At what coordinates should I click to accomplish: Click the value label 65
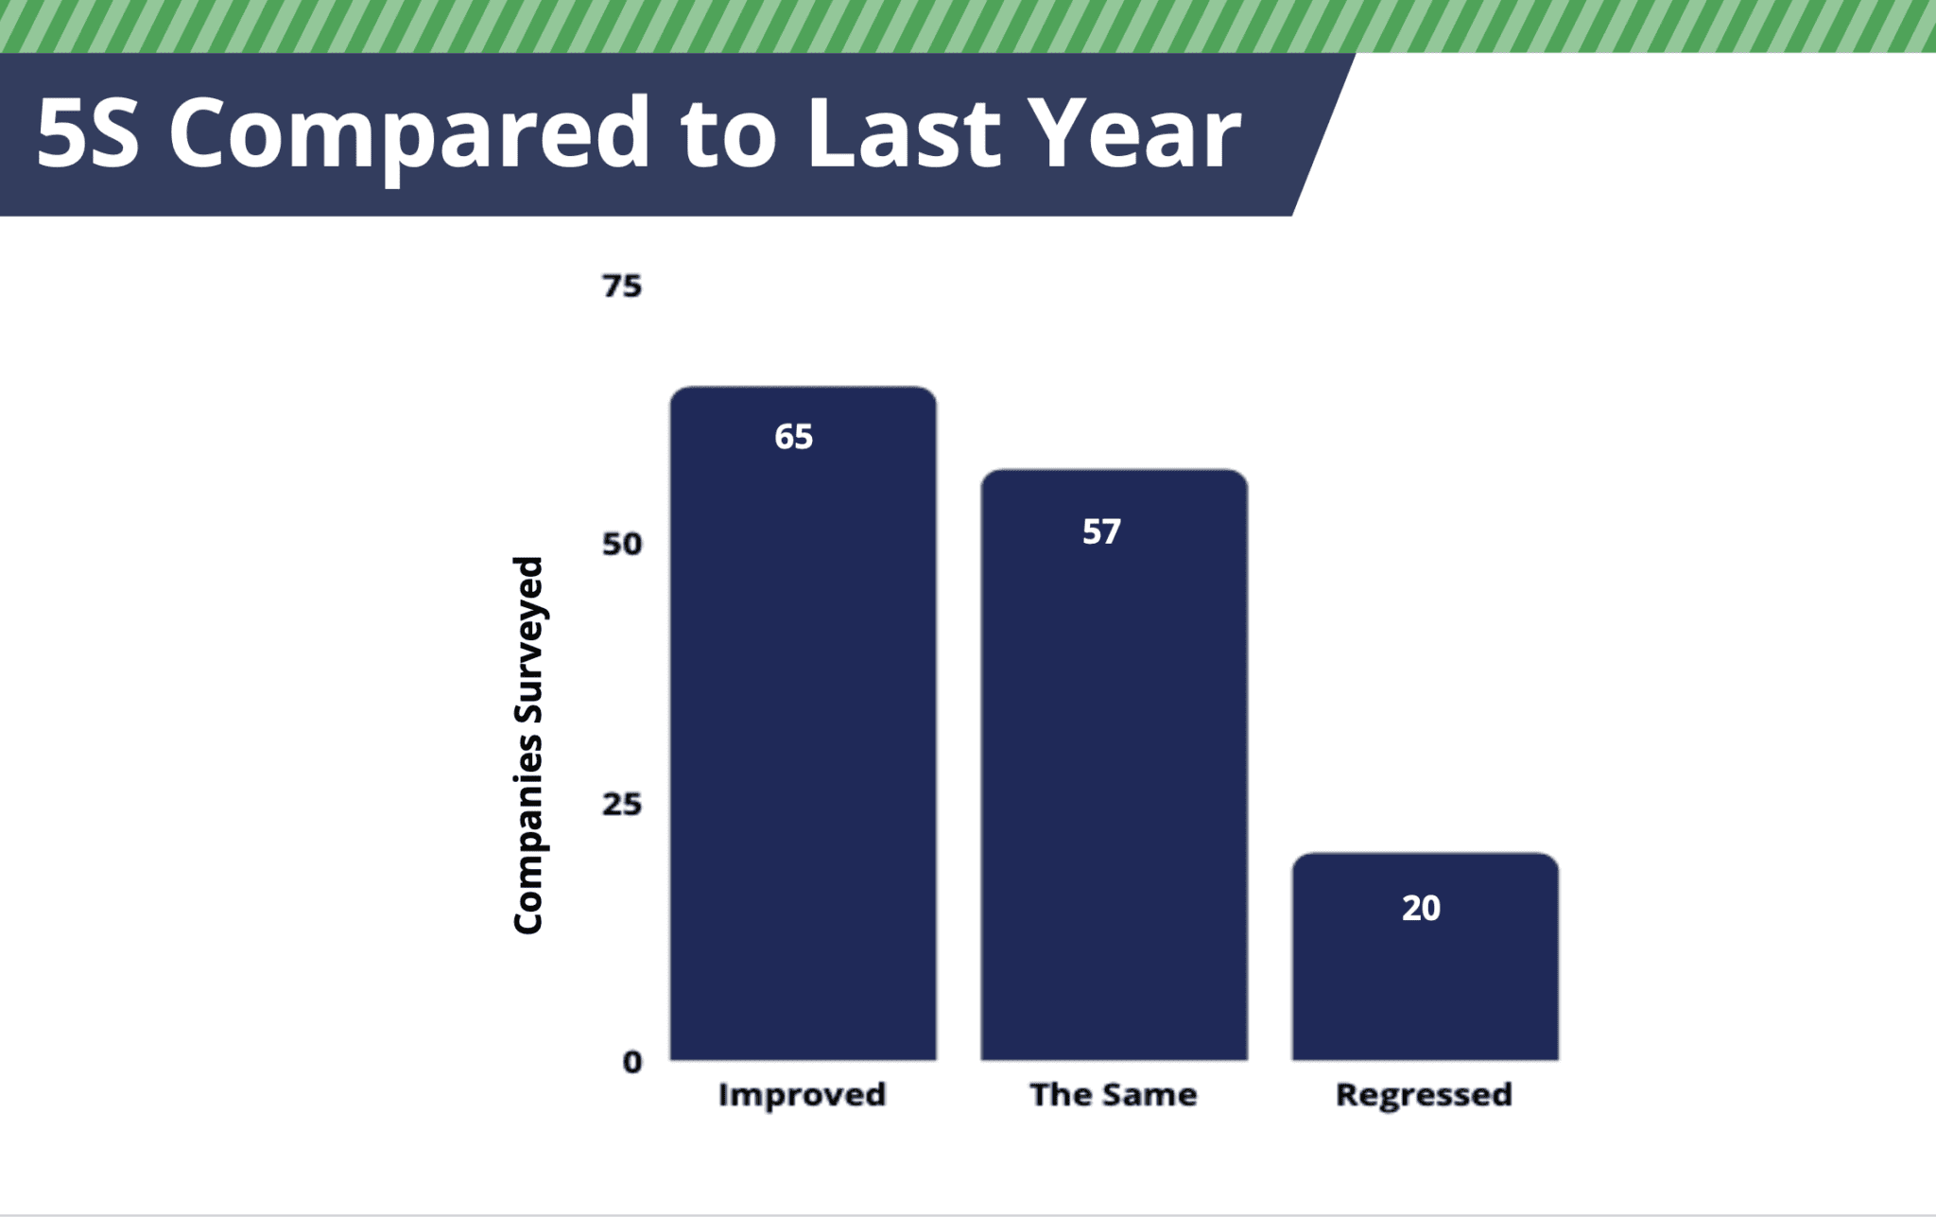pyautogui.click(x=793, y=437)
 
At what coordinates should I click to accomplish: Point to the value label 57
pyautogui.click(x=1101, y=531)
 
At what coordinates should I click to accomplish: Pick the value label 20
pyautogui.click(x=1421, y=908)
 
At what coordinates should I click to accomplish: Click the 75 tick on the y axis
pyautogui.click(x=621, y=286)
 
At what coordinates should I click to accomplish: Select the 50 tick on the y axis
pyautogui.click(x=621, y=544)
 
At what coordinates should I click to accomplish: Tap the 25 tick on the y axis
pyautogui.click(x=621, y=804)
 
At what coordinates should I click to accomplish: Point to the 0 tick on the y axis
pyautogui.click(x=631, y=1062)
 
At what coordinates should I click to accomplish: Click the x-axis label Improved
pyautogui.click(x=802, y=1094)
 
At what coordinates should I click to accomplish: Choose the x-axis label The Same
pyautogui.click(x=1113, y=1094)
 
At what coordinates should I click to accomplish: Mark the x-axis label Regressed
pyautogui.click(x=1424, y=1094)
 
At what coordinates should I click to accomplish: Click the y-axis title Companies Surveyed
pyautogui.click(x=527, y=745)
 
